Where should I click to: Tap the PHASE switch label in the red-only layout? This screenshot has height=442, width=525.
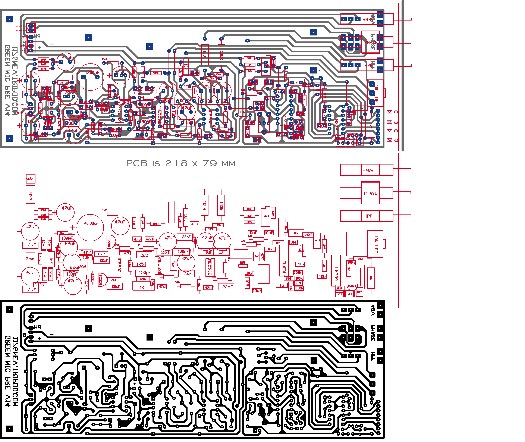pyautogui.click(x=370, y=193)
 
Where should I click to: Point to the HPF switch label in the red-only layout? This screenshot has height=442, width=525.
pyautogui.click(x=368, y=216)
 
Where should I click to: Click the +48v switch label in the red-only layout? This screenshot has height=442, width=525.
pyautogui.click(x=368, y=170)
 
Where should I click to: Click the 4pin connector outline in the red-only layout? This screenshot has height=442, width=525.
pyautogui.click(x=31, y=195)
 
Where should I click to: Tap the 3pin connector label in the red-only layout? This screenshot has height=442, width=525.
pyautogui.click(x=30, y=259)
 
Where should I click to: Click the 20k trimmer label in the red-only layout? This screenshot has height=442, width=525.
pyautogui.click(x=266, y=216)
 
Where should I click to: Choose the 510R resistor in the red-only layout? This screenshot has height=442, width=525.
pyautogui.click(x=359, y=292)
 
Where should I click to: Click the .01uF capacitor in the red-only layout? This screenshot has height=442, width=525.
pyautogui.click(x=317, y=241)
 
